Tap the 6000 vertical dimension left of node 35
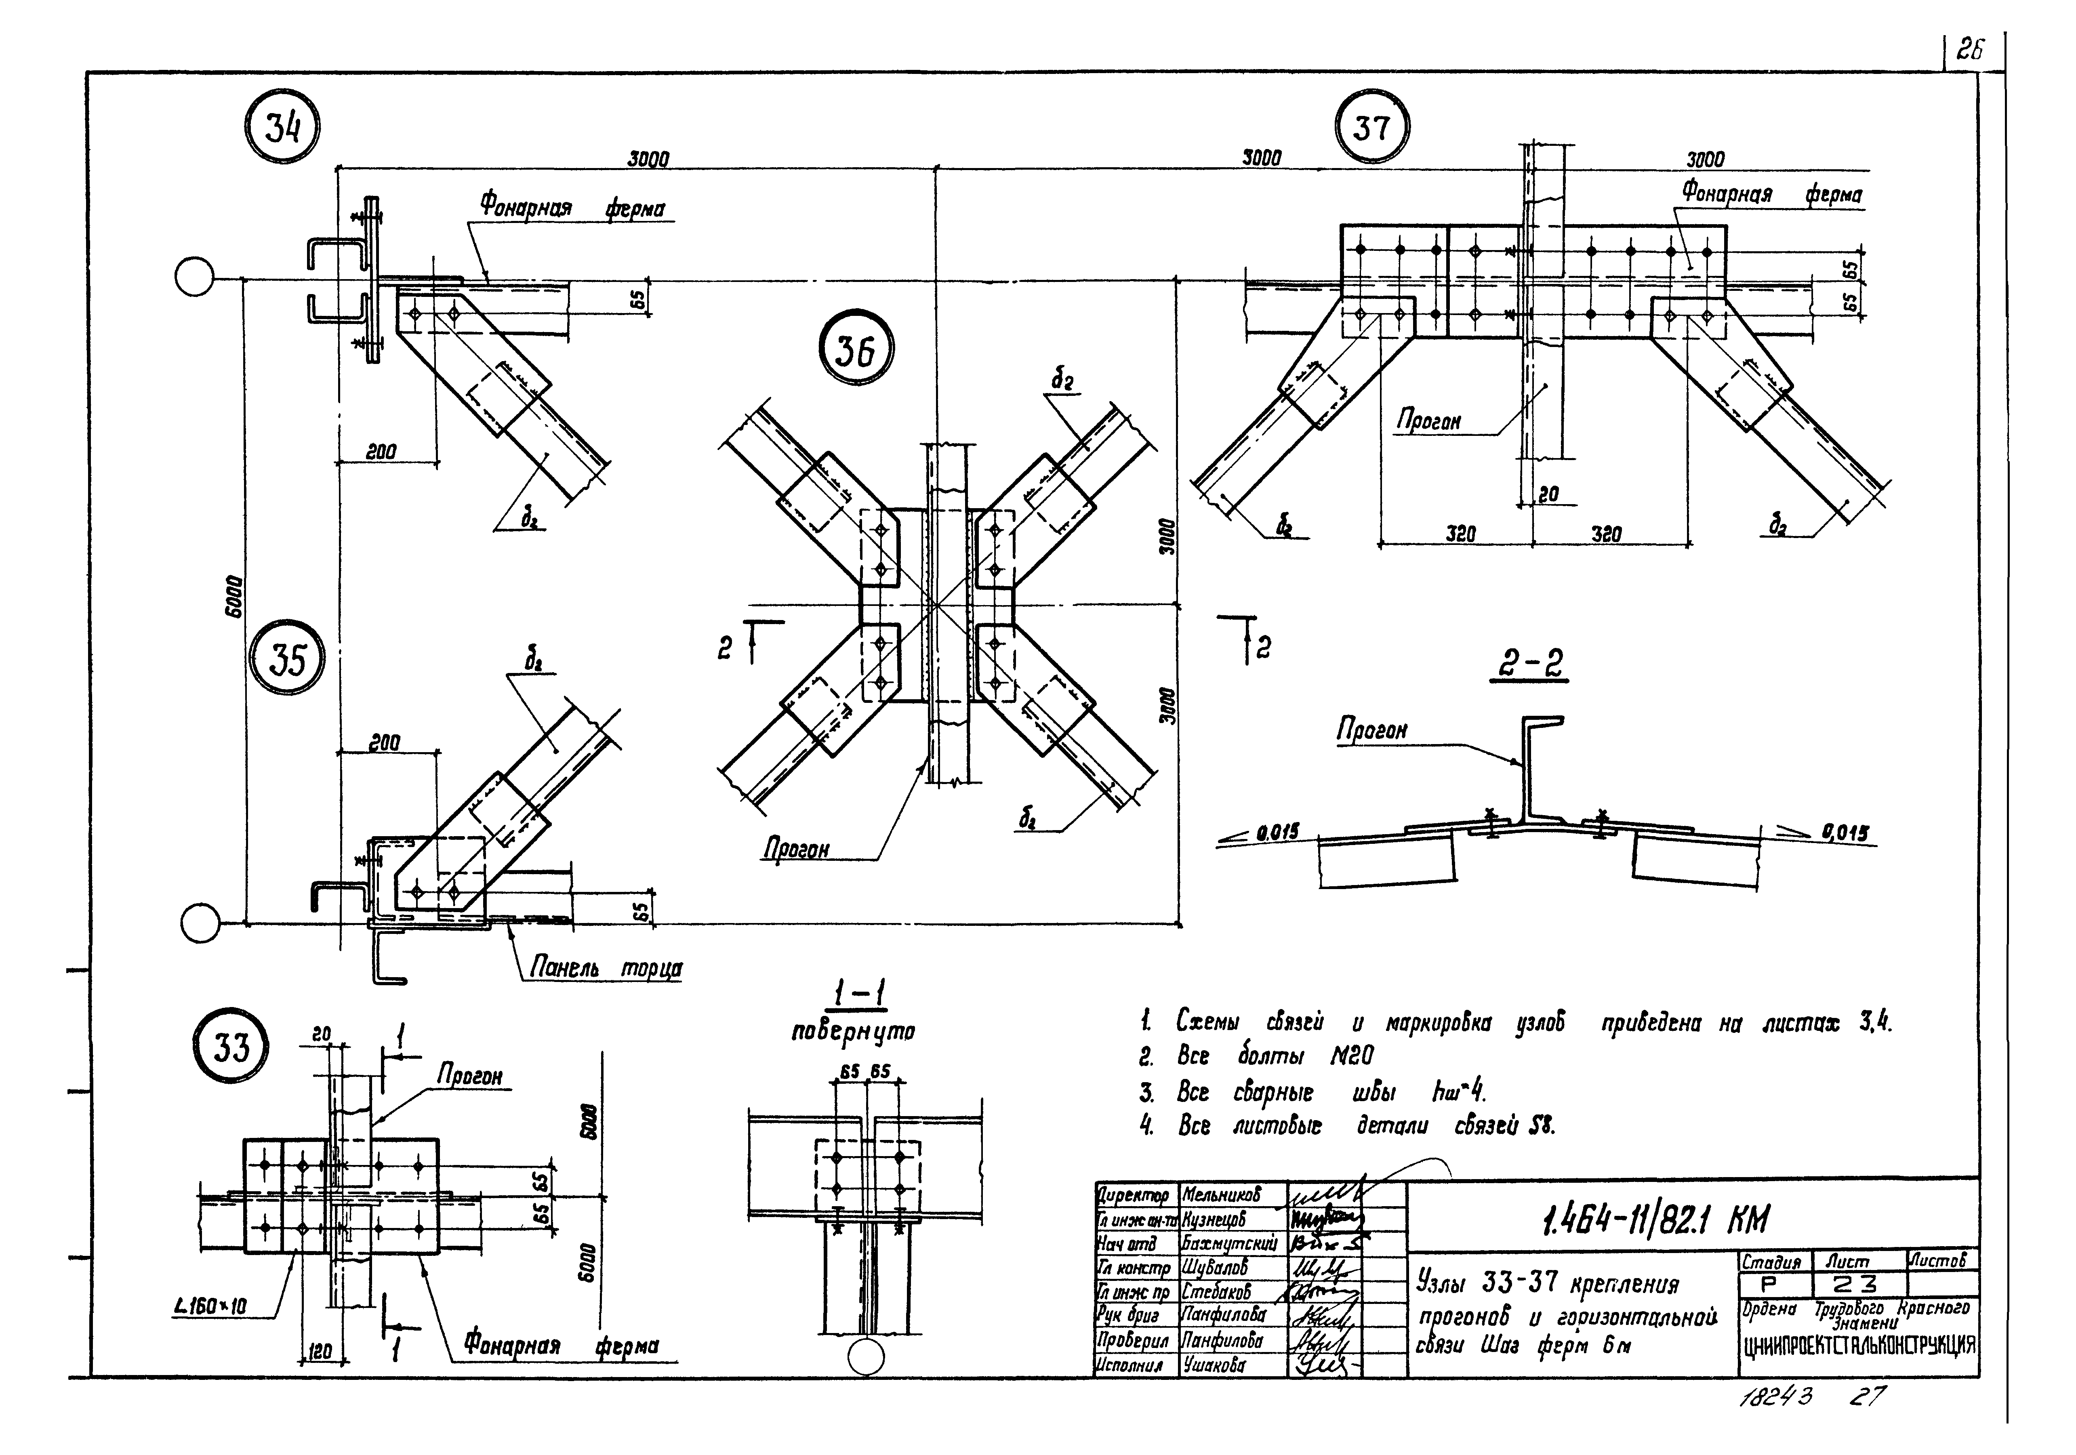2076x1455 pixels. point(233,597)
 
